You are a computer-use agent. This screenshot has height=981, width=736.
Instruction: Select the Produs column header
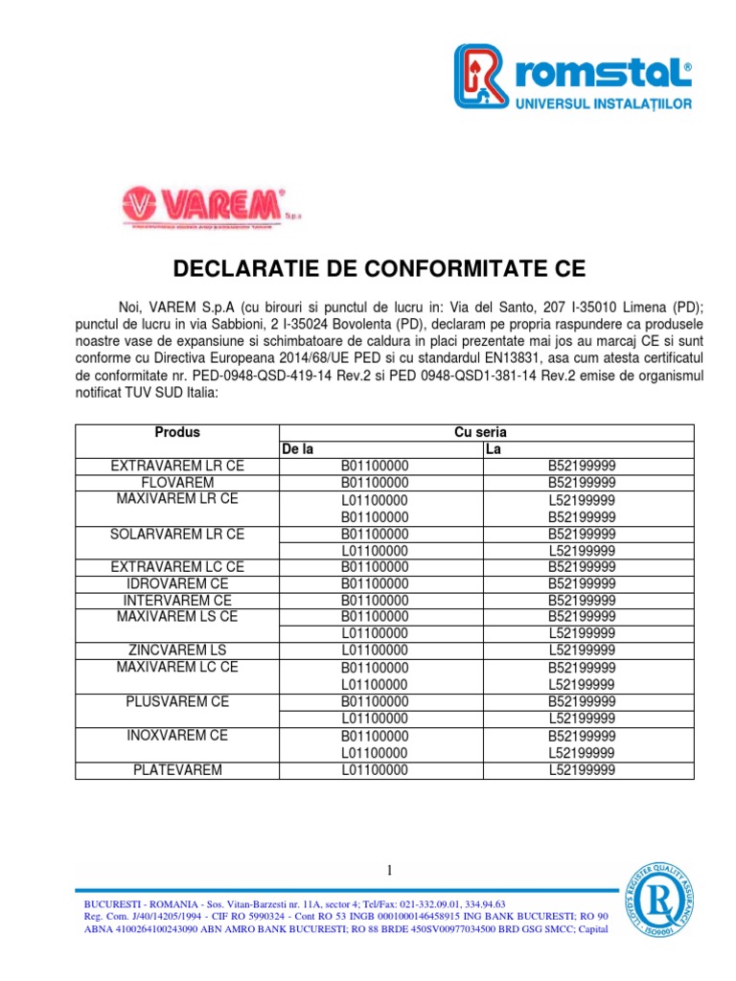pyautogui.click(x=176, y=433)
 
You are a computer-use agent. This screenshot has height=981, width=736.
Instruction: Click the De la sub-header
pyautogui.click(x=298, y=449)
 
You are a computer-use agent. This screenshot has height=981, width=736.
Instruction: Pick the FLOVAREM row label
pyautogui.click(x=177, y=483)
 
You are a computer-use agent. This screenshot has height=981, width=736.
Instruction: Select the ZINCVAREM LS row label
pyautogui.click(x=177, y=650)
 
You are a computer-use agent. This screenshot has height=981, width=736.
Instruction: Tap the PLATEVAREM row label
pyautogui.click(x=177, y=769)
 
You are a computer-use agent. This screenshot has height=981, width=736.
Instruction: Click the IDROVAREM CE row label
pyautogui.click(x=177, y=583)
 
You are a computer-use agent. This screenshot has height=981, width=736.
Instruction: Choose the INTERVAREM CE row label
pyautogui.click(x=177, y=601)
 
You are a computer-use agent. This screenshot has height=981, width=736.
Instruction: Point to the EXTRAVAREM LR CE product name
pyautogui.click(x=177, y=467)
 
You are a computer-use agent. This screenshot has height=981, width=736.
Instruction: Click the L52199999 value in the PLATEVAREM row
pyautogui.click(x=582, y=769)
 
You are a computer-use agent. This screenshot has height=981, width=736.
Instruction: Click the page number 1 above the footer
pyautogui.click(x=390, y=870)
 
